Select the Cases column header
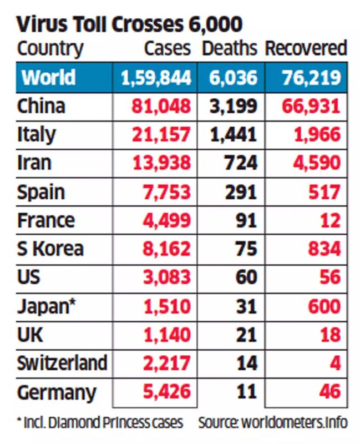point(167,48)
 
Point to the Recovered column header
point(306,48)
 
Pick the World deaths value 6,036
point(233,77)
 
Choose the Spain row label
point(41,192)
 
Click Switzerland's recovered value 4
point(334,364)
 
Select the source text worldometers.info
point(272,423)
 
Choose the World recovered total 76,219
point(306,77)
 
